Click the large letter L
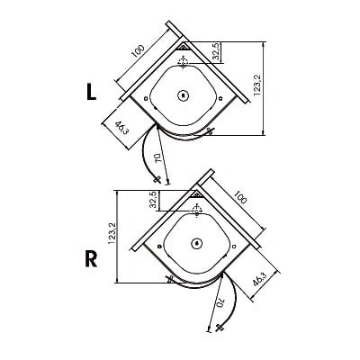(91, 92)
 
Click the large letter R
(91, 259)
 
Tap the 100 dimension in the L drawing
(138, 51)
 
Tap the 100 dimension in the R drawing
(239, 196)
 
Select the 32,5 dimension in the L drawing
(218, 52)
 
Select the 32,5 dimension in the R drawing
(153, 200)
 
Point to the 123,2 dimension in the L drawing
(257, 85)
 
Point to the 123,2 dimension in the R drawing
(112, 232)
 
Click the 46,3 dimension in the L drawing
(121, 128)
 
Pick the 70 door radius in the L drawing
(158, 158)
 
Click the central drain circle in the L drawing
(183, 95)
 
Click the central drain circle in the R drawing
(197, 243)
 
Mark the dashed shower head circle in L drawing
(183, 62)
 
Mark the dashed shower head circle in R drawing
(197, 210)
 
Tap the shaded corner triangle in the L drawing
(183, 47)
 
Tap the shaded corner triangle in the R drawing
(197, 194)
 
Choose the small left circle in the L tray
(146, 98)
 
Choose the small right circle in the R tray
(234, 247)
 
